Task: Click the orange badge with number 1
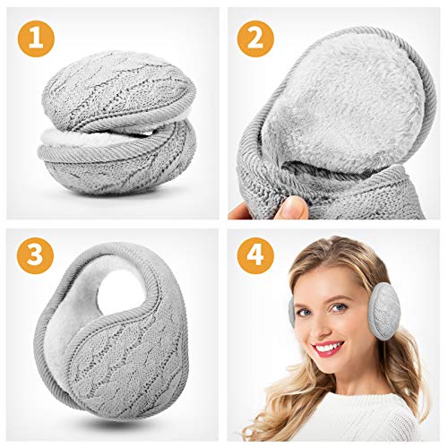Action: pos(35,38)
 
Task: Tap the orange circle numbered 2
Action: pos(255,38)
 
